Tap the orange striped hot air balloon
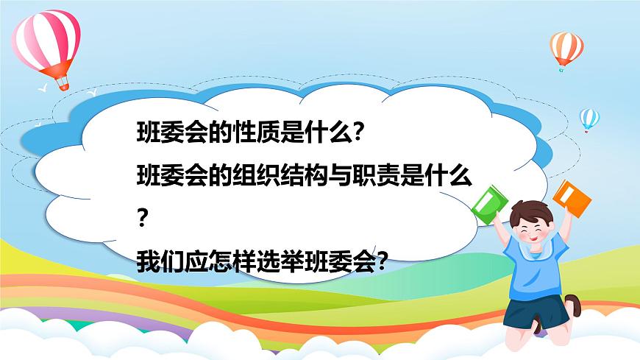(x=566, y=46)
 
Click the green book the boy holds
(x=487, y=202)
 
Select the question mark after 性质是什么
(x=358, y=134)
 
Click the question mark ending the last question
(x=382, y=260)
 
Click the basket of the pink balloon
(x=63, y=84)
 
